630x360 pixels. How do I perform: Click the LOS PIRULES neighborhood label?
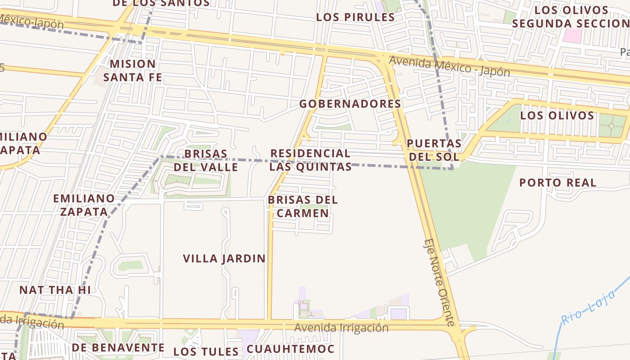pyautogui.click(x=355, y=17)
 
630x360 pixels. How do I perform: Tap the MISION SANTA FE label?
pyautogui.click(x=133, y=71)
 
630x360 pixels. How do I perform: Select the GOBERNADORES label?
pyautogui.click(x=350, y=103)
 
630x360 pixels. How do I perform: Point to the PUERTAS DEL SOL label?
pyautogui.click(x=434, y=150)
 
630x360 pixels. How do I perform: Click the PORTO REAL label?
pyautogui.click(x=558, y=183)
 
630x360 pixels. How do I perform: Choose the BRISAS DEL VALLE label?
pyautogui.click(x=206, y=160)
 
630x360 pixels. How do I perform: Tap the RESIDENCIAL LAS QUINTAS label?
pyautogui.click(x=310, y=160)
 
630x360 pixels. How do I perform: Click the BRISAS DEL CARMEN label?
pyautogui.click(x=302, y=206)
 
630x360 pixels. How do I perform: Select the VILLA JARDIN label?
pyautogui.click(x=224, y=258)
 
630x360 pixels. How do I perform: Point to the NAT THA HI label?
pyautogui.click(x=55, y=290)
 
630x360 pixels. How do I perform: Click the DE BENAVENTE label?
pyautogui.click(x=118, y=348)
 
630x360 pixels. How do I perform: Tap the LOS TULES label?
pyautogui.click(x=206, y=351)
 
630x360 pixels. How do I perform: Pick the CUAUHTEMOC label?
pyautogui.click(x=290, y=349)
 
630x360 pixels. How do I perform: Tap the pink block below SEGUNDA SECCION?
pyautogui.click(x=572, y=36)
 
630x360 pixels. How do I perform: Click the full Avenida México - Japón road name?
pyautogui.click(x=450, y=66)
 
